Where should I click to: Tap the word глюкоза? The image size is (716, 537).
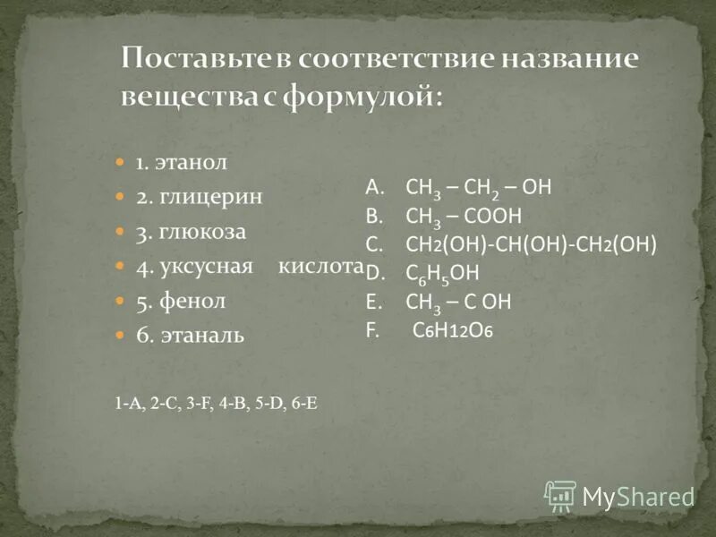click(x=203, y=232)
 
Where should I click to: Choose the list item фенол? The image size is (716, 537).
click(x=192, y=302)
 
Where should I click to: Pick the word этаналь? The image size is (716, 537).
click(x=201, y=337)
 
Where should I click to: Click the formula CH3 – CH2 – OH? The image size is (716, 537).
click(x=478, y=187)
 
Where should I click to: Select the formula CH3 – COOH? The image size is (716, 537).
click(x=463, y=216)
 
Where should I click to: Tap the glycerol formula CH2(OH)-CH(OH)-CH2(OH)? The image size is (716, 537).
click(x=532, y=244)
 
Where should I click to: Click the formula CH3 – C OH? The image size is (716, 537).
click(x=458, y=302)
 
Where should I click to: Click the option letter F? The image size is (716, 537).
click(x=371, y=329)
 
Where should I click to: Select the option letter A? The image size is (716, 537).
click(x=373, y=186)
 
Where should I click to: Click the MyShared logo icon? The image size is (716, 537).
click(x=560, y=495)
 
